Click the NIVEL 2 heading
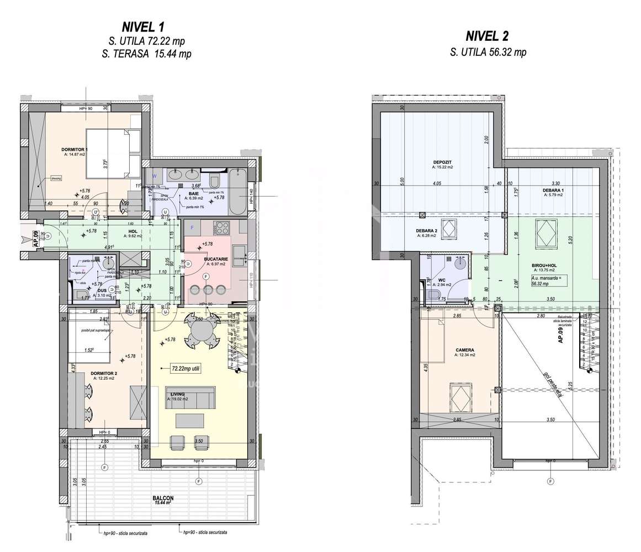click(x=487, y=36)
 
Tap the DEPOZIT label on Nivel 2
click(x=443, y=162)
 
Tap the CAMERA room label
click(x=464, y=350)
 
